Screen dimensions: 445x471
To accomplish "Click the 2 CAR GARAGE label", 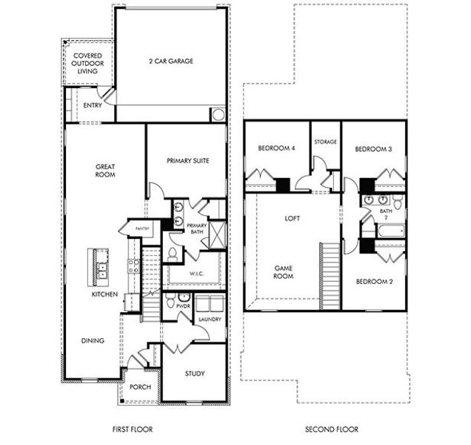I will [x=170, y=62].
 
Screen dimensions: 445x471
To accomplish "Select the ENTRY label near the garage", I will [x=92, y=105].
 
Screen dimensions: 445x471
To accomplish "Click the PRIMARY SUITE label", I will [x=186, y=159].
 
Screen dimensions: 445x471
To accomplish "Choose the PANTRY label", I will [x=142, y=229].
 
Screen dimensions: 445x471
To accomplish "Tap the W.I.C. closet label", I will [x=196, y=273].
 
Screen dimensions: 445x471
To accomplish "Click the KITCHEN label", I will [x=104, y=294].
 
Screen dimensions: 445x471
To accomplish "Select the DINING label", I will [x=93, y=340].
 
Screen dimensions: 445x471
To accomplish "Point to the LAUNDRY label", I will [x=211, y=320].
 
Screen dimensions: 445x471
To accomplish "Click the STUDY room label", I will [x=196, y=374].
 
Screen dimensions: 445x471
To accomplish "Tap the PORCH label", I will [x=140, y=386].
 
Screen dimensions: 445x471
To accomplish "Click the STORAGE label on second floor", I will [x=325, y=142].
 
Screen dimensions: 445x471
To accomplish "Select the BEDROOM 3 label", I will [x=373, y=149].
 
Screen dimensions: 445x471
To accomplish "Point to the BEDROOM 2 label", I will [x=373, y=282].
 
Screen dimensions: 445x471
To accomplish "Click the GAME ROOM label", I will [x=284, y=271].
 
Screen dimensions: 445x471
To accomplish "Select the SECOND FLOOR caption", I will [x=332, y=429].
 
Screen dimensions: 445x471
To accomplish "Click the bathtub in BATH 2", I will [x=390, y=231].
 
